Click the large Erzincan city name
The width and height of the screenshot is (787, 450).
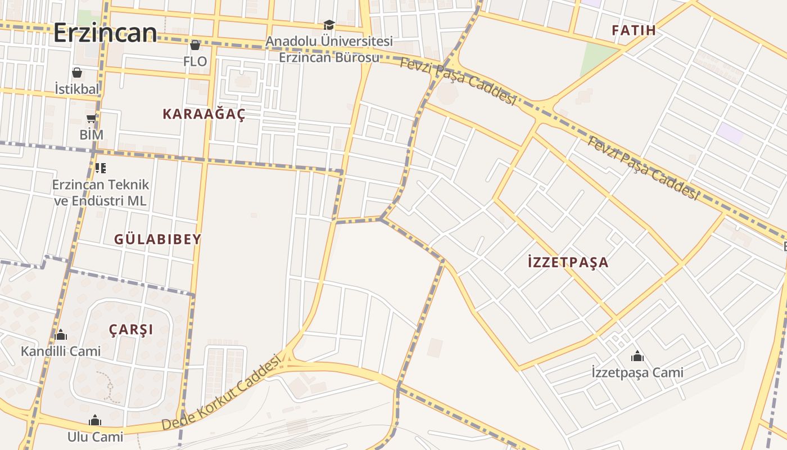(105, 33)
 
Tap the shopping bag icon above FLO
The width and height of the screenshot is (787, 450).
(195, 45)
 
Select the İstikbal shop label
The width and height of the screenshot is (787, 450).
(77, 89)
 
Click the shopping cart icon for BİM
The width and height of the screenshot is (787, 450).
(92, 118)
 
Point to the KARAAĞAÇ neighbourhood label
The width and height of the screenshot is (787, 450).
(204, 114)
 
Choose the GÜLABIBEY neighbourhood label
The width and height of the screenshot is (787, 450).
(157, 239)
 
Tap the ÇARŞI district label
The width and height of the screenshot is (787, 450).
(131, 330)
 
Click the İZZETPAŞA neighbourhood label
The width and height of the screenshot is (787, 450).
(568, 262)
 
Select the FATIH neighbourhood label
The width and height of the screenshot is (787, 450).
(634, 30)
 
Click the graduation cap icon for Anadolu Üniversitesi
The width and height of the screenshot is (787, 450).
(329, 25)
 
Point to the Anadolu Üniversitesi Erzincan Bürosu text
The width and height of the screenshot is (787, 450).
(329, 49)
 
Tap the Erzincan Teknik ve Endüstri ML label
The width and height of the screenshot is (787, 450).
(101, 192)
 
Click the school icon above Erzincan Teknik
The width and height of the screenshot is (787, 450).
(101, 168)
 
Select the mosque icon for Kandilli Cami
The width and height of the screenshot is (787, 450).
(61, 335)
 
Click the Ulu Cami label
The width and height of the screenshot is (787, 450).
(95, 436)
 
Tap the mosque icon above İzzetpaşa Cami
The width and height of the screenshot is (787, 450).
(637, 356)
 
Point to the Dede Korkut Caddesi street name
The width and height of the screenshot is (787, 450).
(221, 392)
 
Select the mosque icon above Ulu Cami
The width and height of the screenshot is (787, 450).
(95, 421)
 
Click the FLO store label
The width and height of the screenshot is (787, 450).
(195, 61)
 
